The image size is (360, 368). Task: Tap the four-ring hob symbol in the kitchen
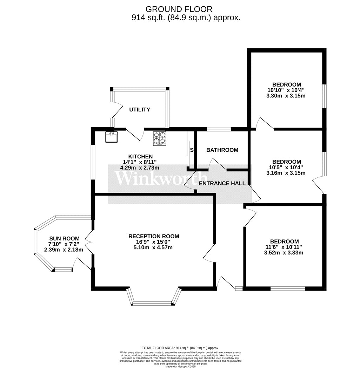point(159,138)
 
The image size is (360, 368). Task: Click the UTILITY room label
point(140,110)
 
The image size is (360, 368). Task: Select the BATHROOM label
point(222,150)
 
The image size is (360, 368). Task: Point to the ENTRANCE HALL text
point(222,183)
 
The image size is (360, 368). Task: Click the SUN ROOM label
point(64,238)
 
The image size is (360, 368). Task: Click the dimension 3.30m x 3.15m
point(287,95)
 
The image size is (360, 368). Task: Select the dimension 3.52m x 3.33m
point(284,252)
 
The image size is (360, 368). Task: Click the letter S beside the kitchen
point(192,150)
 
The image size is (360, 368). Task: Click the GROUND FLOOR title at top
point(179,9)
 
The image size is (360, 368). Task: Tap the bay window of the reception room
point(153,303)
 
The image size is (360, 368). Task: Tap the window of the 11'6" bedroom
point(288,288)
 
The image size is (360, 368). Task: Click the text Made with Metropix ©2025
point(180,366)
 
